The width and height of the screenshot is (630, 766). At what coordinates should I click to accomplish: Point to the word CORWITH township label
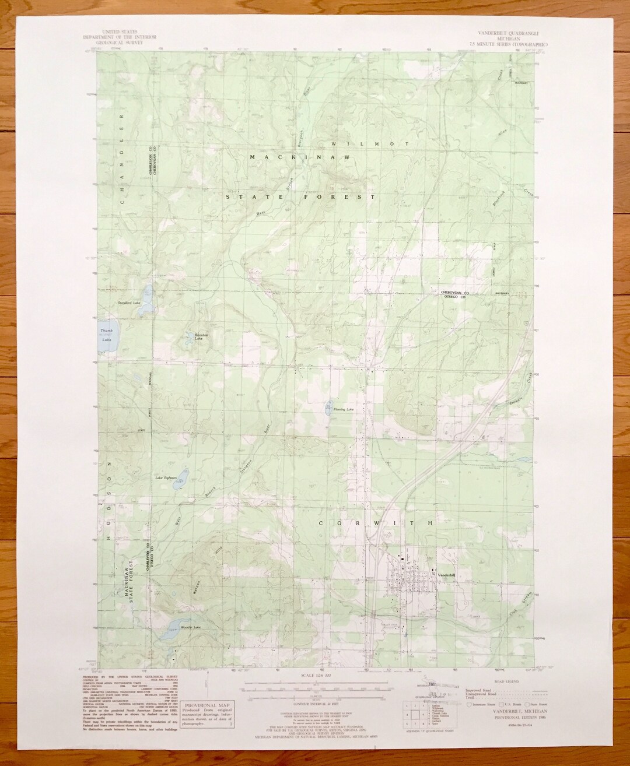(376, 523)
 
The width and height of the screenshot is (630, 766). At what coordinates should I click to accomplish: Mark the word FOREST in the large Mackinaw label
(348, 198)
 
